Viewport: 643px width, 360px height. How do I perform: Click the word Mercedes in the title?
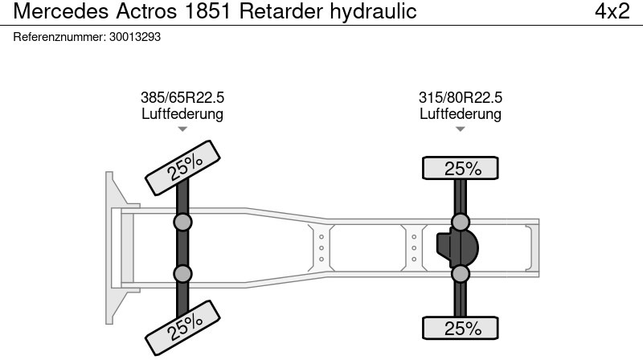click(x=61, y=11)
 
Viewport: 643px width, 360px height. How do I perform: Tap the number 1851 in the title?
click(x=208, y=11)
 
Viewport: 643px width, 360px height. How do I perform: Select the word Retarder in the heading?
click(x=281, y=11)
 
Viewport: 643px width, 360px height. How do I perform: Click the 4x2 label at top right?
click(x=612, y=11)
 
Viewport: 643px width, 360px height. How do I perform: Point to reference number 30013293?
click(x=135, y=37)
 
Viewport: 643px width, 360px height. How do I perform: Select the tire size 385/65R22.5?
click(x=182, y=97)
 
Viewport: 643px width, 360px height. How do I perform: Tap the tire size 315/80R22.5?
click(x=460, y=97)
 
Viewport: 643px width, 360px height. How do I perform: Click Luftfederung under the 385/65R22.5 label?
click(x=182, y=113)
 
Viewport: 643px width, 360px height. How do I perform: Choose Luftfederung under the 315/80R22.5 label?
click(x=460, y=113)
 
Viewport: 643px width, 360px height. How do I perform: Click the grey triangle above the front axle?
click(x=182, y=129)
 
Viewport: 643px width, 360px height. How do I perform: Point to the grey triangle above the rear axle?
click(x=460, y=129)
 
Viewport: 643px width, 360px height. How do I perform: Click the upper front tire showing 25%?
click(x=182, y=168)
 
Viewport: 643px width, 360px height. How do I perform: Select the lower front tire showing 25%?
click(x=182, y=328)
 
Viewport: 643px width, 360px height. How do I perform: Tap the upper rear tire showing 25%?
click(x=460, y=168)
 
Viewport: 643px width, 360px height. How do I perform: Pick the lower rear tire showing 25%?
click(x=460, y=328)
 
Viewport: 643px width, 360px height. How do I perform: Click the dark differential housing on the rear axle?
click(x=457, y=248)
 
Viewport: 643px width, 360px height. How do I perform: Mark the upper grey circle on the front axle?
click(x=182, y=223)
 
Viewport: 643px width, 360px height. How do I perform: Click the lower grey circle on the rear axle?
click(x=460, y=274)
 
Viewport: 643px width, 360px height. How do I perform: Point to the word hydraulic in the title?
click(x=373, y=11)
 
